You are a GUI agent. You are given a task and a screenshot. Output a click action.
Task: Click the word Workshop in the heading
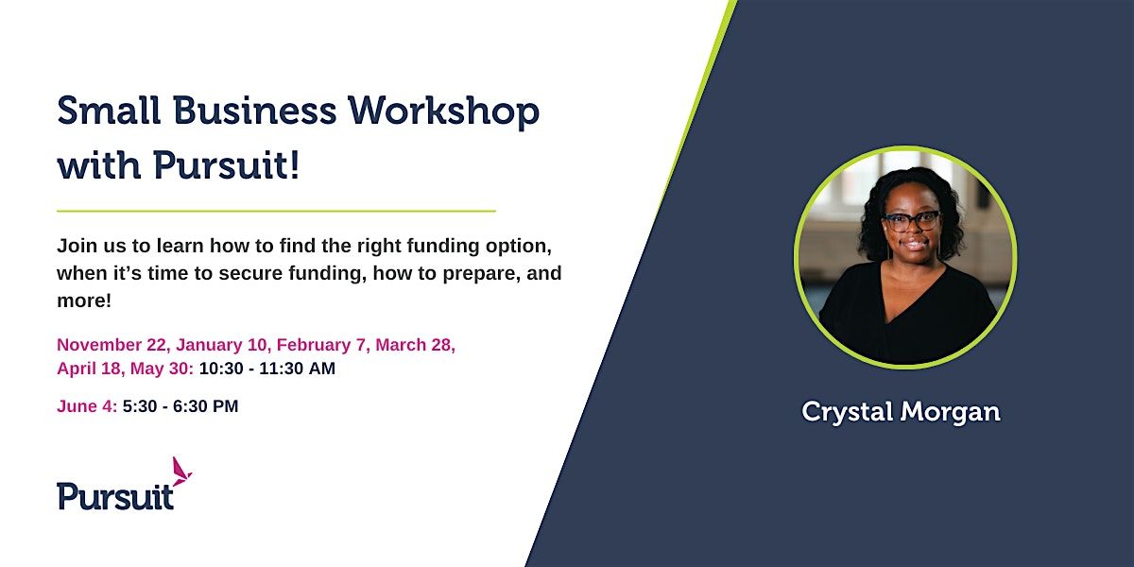click(x=443, y=112)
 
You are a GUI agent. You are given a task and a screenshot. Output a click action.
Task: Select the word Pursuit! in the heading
click(x=226, y=166)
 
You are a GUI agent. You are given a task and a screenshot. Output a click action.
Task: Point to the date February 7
click(x=321, y=345)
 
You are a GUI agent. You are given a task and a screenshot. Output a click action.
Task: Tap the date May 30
click(x=165, y=369)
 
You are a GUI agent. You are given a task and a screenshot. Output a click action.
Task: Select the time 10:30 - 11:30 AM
click(x=267, y=369)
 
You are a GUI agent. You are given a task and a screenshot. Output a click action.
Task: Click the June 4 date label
click(x=87, y=406)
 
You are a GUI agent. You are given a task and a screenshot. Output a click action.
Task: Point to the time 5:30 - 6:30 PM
click(x=180, y=406)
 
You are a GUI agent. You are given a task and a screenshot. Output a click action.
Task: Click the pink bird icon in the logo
click(x=180, y=471)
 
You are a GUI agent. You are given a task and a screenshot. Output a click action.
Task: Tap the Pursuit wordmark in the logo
click(x=115, y=495)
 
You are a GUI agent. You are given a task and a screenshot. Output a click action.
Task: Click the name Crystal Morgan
click(x=901, y=411)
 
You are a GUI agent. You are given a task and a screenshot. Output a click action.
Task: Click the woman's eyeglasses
click(x=911, y=221)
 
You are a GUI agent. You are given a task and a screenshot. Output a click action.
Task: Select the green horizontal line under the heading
click(x=276, y=210)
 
